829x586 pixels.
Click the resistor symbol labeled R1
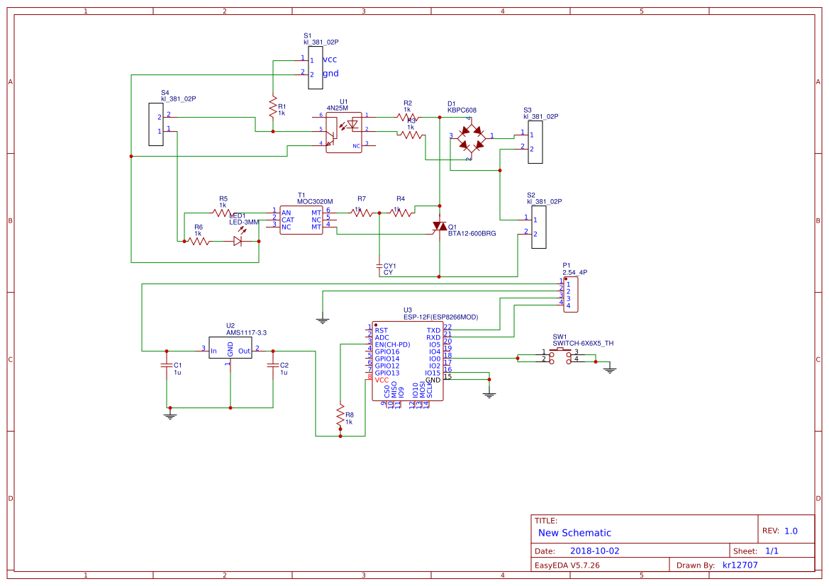pyautogui.click(x=272, y=108)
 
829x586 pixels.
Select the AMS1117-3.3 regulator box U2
pyautogui.click(x=230, y=348)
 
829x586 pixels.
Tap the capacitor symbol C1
pyautogui.click(x=167, y=366)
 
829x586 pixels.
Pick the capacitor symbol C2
pyautogui.click(x=273, y=366)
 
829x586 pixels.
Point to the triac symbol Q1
pyautogui.click(x=440, y=227)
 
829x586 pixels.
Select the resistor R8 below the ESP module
pyautogui.click(x=340, y=415)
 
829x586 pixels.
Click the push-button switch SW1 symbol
pyautogui.click(x=564, y=356)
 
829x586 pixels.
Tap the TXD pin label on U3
pyautogui.click(x=433, y=330)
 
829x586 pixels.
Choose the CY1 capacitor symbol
pyautogui.click(x=379, y=266)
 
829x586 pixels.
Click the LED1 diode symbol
pyautogui.click(x=239, y=241)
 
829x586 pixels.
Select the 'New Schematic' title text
pyautogui.click(x=574, y=533)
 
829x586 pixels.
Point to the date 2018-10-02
pyautogui.click(x=594, y=551)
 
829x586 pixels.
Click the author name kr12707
pyautogui.click(x=740, y=565)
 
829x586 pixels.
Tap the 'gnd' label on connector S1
pyautogui.click(x=330, y=73)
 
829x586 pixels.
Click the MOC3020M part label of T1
pyautogui.click(x=315, y=201)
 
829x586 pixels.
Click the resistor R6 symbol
pyautogui.click(x=199, y=241)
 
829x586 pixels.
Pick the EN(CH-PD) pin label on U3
pyautogui.click(x=392, y=344)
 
